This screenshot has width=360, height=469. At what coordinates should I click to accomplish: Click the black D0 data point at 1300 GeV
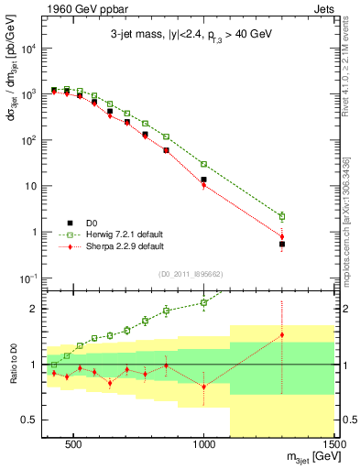(x=282, y=245)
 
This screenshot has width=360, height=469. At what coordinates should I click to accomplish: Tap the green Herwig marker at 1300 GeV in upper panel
(x=282, y=217)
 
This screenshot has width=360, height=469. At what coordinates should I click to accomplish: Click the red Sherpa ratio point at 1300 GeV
(x=282, y=335)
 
